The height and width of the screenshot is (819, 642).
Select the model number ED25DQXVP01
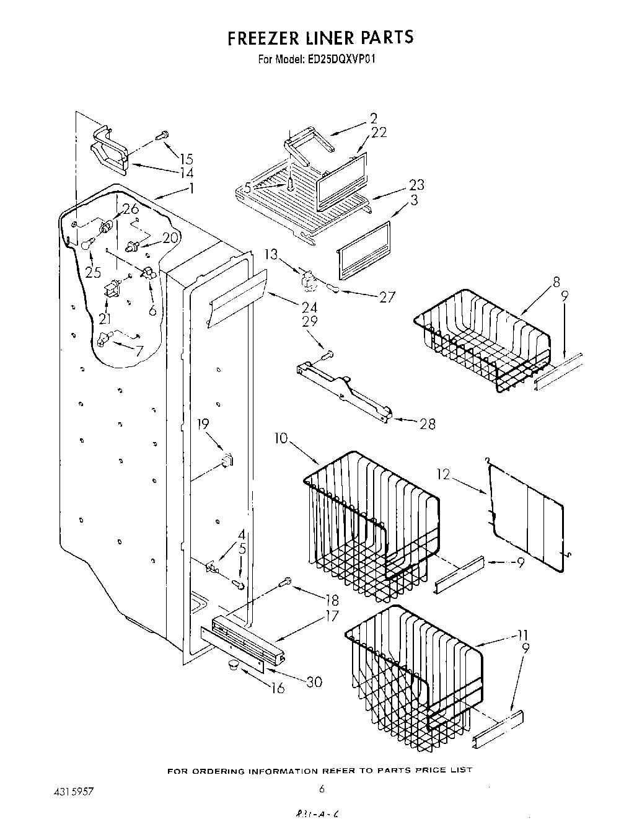coord(341,60)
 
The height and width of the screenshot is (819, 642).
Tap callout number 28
coord(427,424)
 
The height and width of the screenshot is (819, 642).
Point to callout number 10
coord(281,439)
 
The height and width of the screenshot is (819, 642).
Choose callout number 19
coord(203,424)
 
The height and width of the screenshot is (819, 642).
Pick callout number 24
coord(309,307)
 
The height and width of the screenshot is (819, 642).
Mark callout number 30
coord(315,682)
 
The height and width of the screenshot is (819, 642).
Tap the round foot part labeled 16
coord(232,665)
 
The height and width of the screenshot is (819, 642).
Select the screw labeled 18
coord(287,582)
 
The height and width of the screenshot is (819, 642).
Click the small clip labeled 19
coord(226,459)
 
